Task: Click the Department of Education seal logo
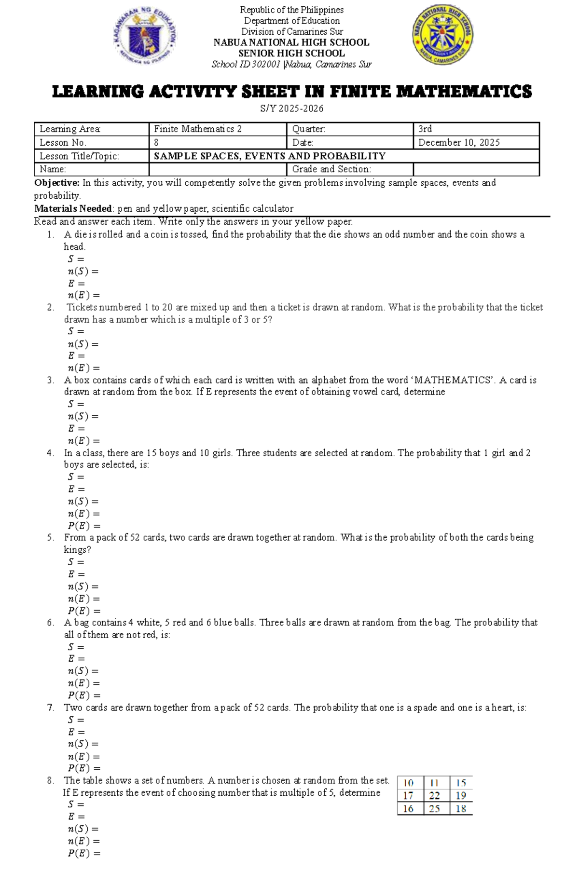coord(144,37)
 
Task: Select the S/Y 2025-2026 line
coord(291,109)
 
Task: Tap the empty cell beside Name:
coord(218,169)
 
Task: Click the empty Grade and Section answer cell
coord(476,169)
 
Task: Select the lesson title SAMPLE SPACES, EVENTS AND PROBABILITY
coord(269,156)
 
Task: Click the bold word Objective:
coord(56,183)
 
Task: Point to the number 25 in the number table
coord(434,809)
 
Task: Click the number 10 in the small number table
coord(408,783)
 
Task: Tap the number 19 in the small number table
coord(461,796)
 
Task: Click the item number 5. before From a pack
coord(51,537)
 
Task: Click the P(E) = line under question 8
coord(84,853)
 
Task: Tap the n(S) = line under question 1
coord(83,271)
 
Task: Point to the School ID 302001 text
coord(246,64)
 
